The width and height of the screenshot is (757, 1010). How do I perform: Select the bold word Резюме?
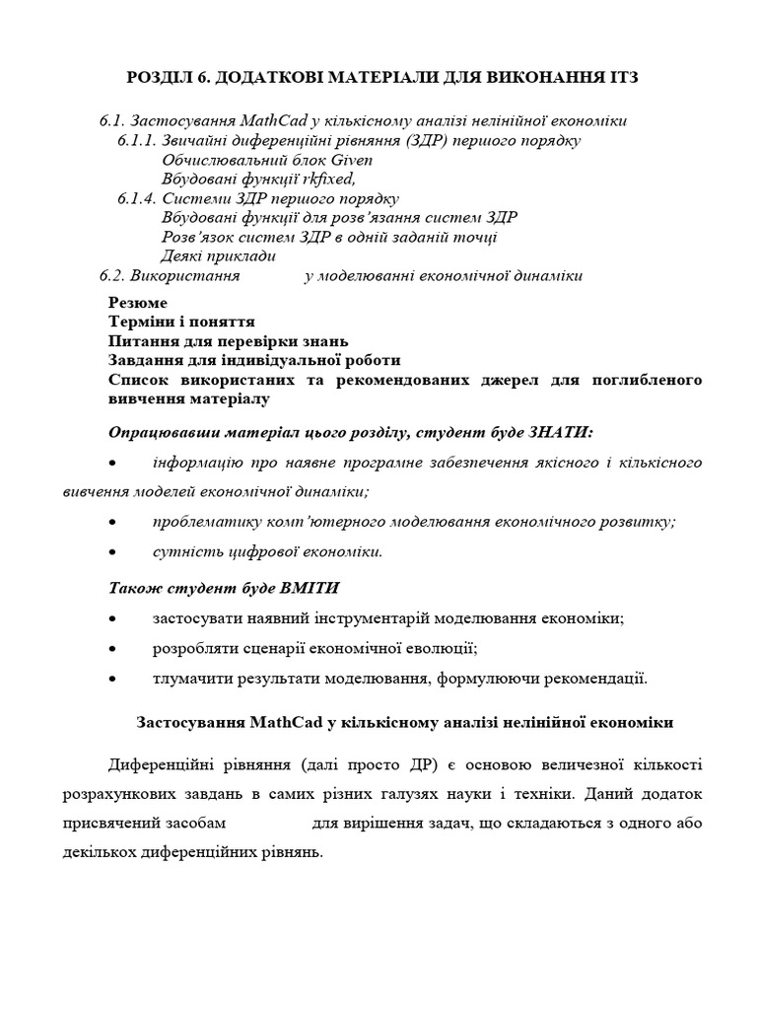coord(137,302)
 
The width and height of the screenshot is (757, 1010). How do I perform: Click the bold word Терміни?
coord(139,322)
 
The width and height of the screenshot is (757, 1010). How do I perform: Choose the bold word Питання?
coord(140,340)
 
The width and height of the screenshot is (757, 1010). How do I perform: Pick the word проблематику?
coord(203,522)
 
